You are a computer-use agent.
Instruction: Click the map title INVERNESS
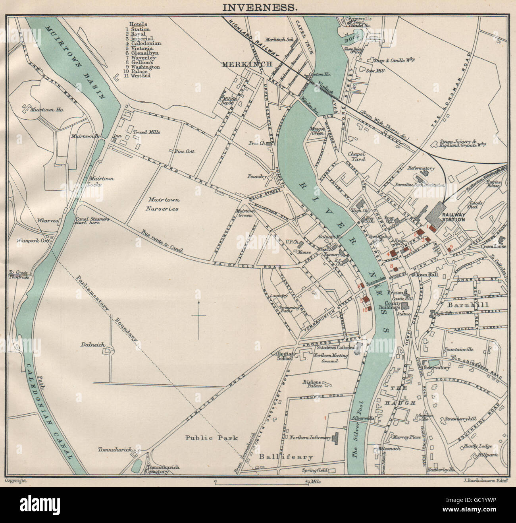click(x=258, y=7)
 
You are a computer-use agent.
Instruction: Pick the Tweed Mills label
click(x=146, y=132)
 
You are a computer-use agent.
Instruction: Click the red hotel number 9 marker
click(x=450, y=248)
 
